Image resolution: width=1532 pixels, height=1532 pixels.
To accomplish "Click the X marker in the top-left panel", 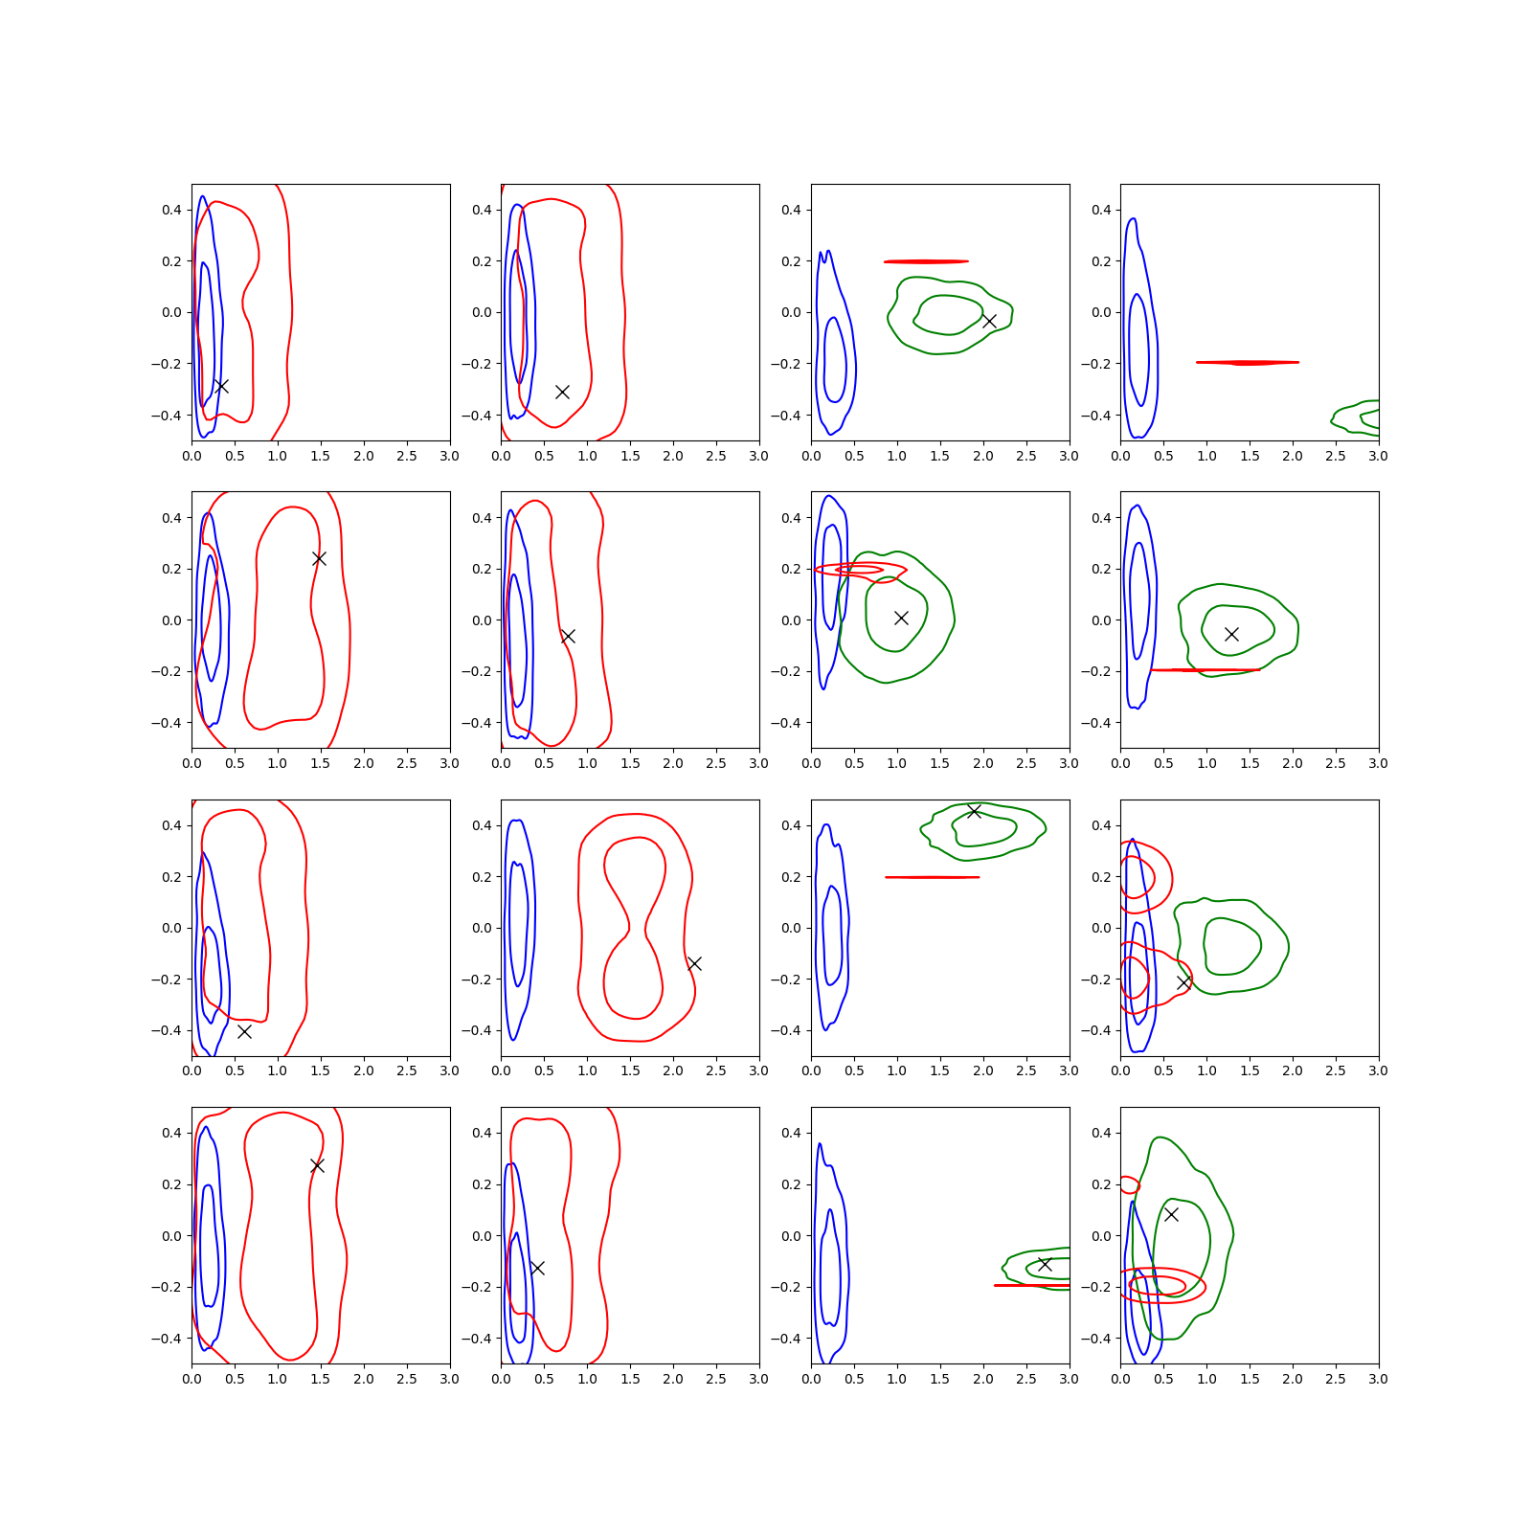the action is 221,386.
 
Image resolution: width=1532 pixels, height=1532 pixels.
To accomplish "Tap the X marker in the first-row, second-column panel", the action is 562,392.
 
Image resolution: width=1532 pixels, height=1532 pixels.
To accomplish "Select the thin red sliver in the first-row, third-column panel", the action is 926,261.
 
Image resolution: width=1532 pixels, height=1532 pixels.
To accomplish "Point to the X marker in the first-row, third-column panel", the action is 989,321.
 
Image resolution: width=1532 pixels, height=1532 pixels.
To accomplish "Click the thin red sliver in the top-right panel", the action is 1248,363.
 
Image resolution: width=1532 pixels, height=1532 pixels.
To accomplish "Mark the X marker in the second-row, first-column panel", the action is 319,558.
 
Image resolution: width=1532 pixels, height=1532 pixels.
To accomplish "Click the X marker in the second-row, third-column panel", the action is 901,618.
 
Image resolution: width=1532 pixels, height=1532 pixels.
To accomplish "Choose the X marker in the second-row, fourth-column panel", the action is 1231,634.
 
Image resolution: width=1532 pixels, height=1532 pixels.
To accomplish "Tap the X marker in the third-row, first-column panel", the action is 244,1031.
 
